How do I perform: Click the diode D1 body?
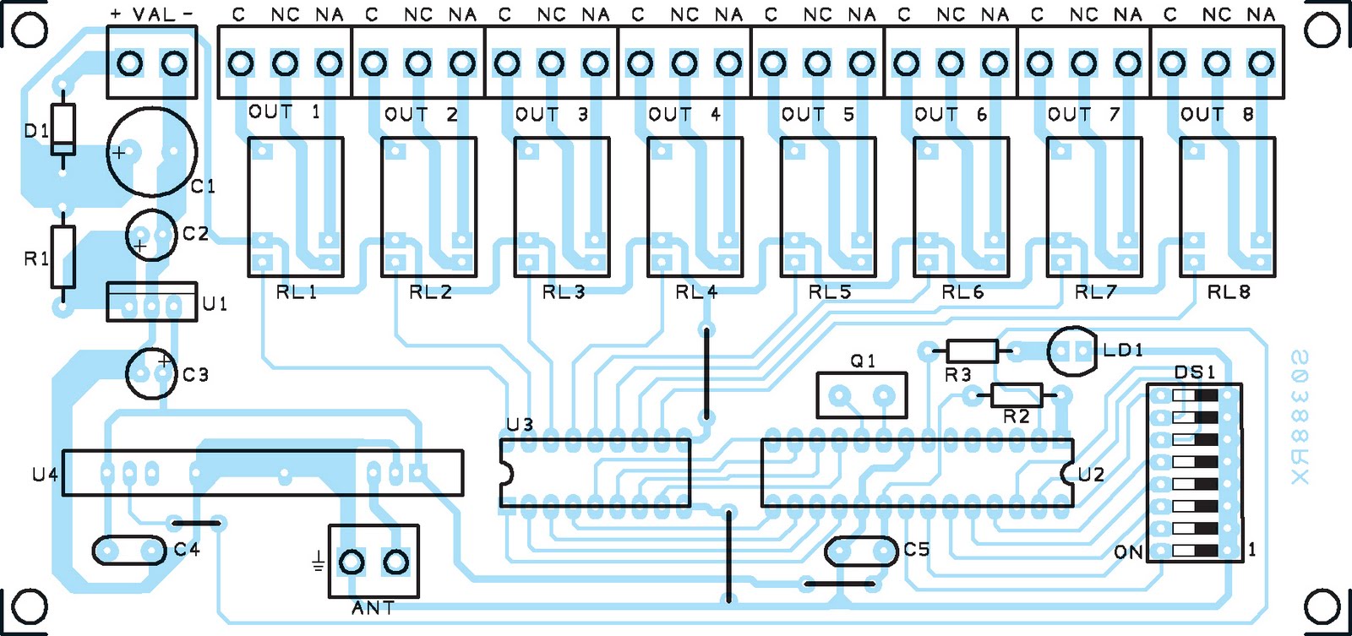tap(63, 129)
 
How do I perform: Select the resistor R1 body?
tap(63, 257)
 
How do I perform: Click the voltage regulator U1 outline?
tap(151, 302)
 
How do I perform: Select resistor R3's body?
tap(973, 351)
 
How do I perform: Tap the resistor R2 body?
tap(1017, 395)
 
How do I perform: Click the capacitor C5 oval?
tap(861, 552)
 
